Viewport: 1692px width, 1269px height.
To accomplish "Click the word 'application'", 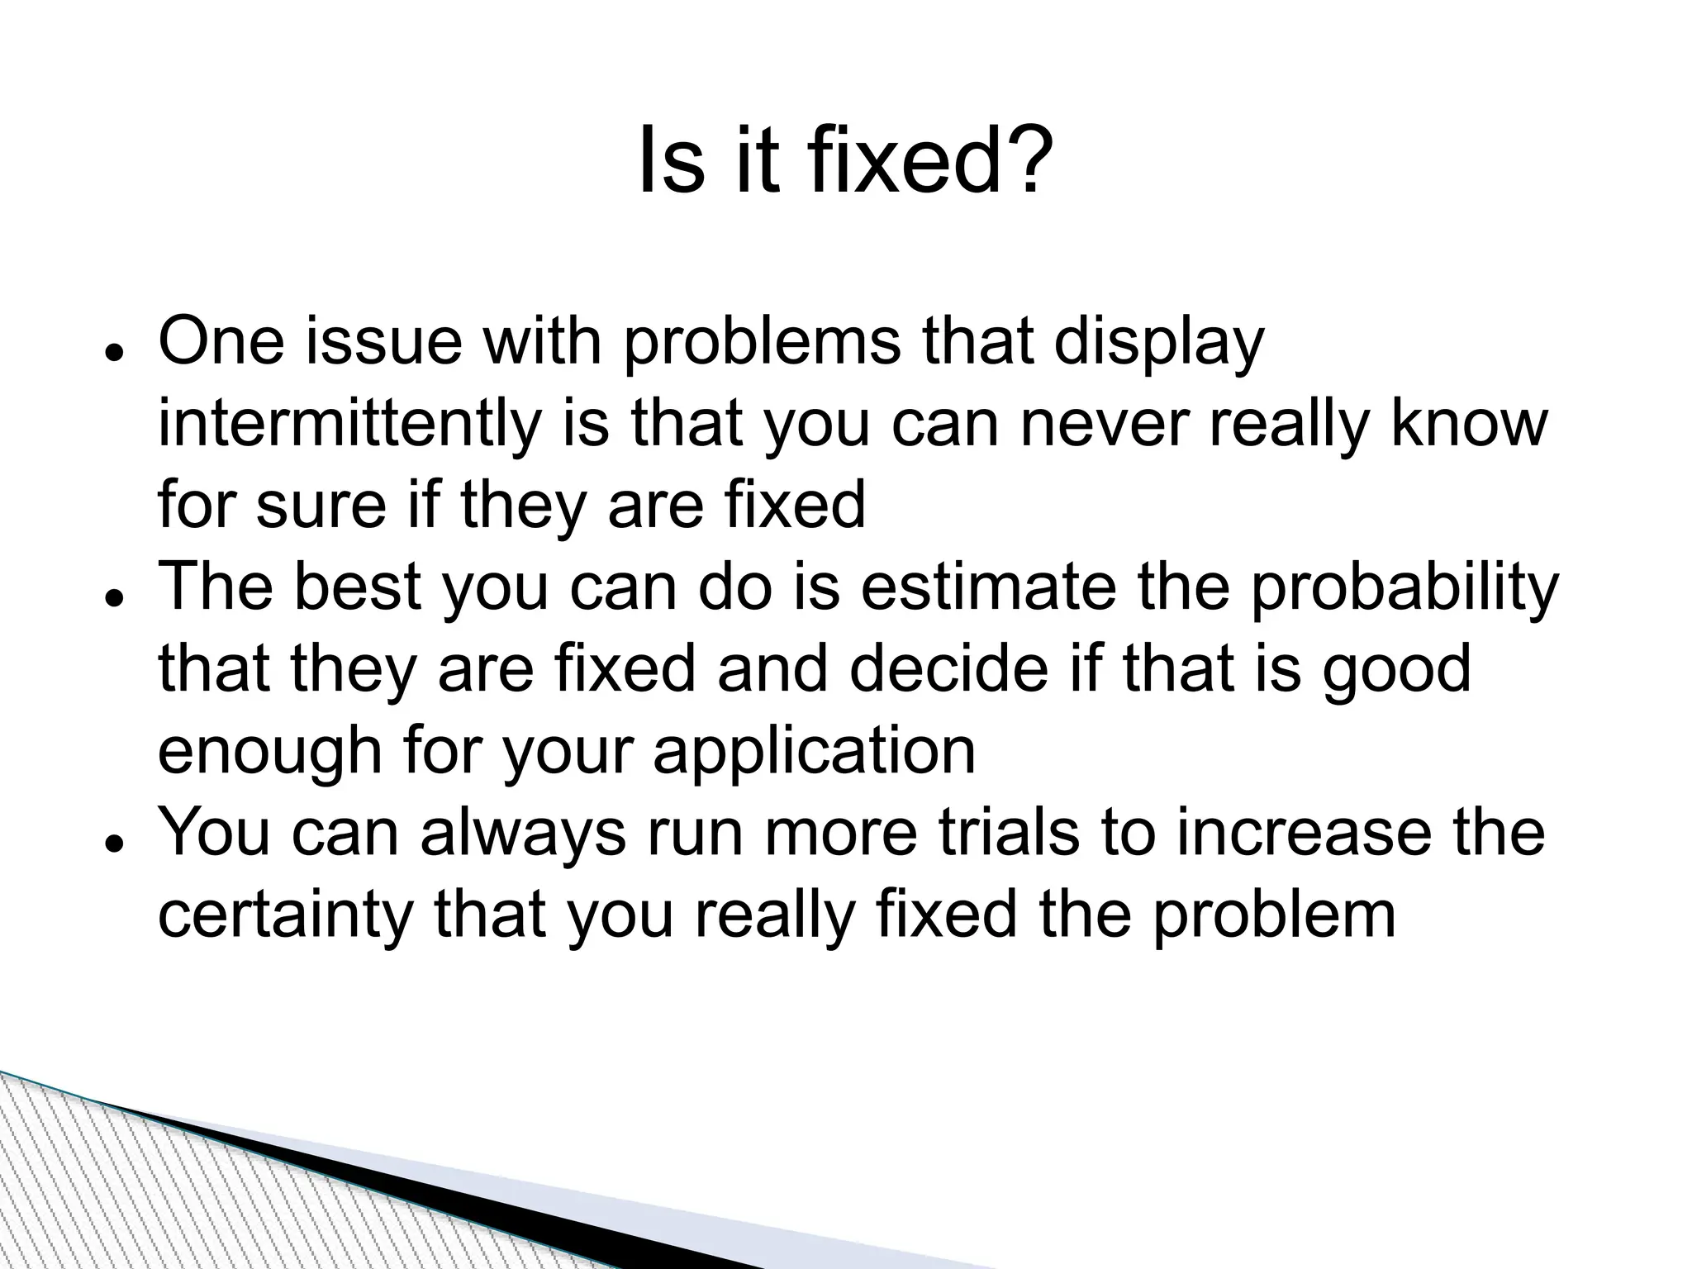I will pyautogui.click(x=814, y=752).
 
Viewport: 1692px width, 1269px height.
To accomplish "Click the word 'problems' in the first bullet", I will pyautogui.click(x=760, y=343).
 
